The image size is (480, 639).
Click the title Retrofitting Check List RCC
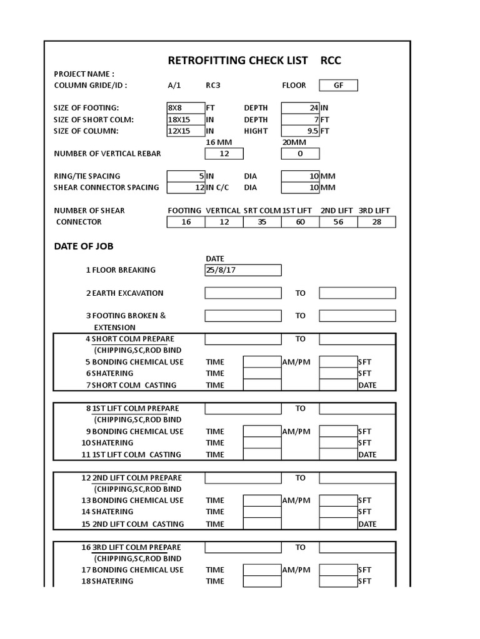pos(254,61)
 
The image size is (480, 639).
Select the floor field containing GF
pos(338,85)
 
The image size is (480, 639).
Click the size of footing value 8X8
pos(186,108)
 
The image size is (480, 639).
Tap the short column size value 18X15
pos(186,119)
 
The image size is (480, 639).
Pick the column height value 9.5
pos(301,131)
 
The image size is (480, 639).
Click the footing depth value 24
pos(301,108)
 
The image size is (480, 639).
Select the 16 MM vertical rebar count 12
pos(224,154)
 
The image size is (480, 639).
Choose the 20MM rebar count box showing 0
pos(301,154)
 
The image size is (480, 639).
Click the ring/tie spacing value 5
pos(186,176)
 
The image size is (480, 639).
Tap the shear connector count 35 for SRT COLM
pos(262,222)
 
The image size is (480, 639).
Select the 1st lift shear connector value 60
pos(301,222)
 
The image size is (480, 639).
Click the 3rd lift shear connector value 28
pos(376,222)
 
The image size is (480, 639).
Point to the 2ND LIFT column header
pos(337,211)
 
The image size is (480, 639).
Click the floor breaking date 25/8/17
pos(243,270)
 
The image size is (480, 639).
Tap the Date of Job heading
pos(84,246)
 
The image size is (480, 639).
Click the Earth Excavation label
pos(127,293)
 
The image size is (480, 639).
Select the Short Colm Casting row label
pos(134,385)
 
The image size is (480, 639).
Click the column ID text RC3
pos(213,85)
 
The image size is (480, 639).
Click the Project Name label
pos(84,74)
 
